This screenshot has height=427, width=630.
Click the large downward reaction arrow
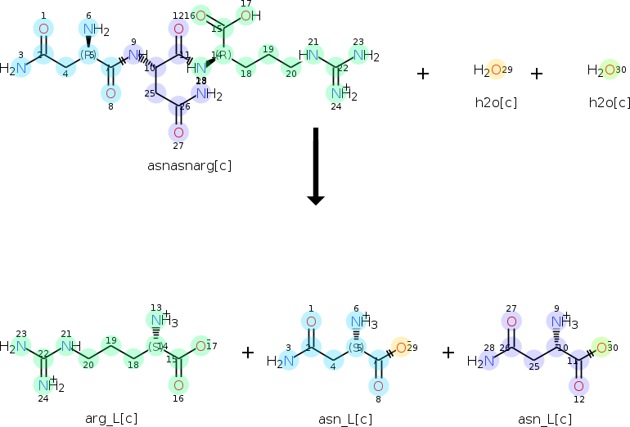(x=315, y=166)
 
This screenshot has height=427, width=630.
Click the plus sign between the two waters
(x=536, y=74)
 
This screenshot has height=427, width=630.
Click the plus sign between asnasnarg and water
(x=422, y=74)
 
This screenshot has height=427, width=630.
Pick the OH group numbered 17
(x=250, y=15)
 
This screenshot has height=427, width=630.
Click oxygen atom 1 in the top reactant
(x=44, y=29)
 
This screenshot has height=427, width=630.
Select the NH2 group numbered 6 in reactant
(x=95, y=31)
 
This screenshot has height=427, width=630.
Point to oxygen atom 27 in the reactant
(x=178, y=131)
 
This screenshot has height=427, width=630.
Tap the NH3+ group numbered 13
(x=160, y=320)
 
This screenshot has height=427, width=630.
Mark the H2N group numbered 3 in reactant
(x=16, y=68)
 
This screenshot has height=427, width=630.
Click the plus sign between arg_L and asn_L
(x=248, y=353)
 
